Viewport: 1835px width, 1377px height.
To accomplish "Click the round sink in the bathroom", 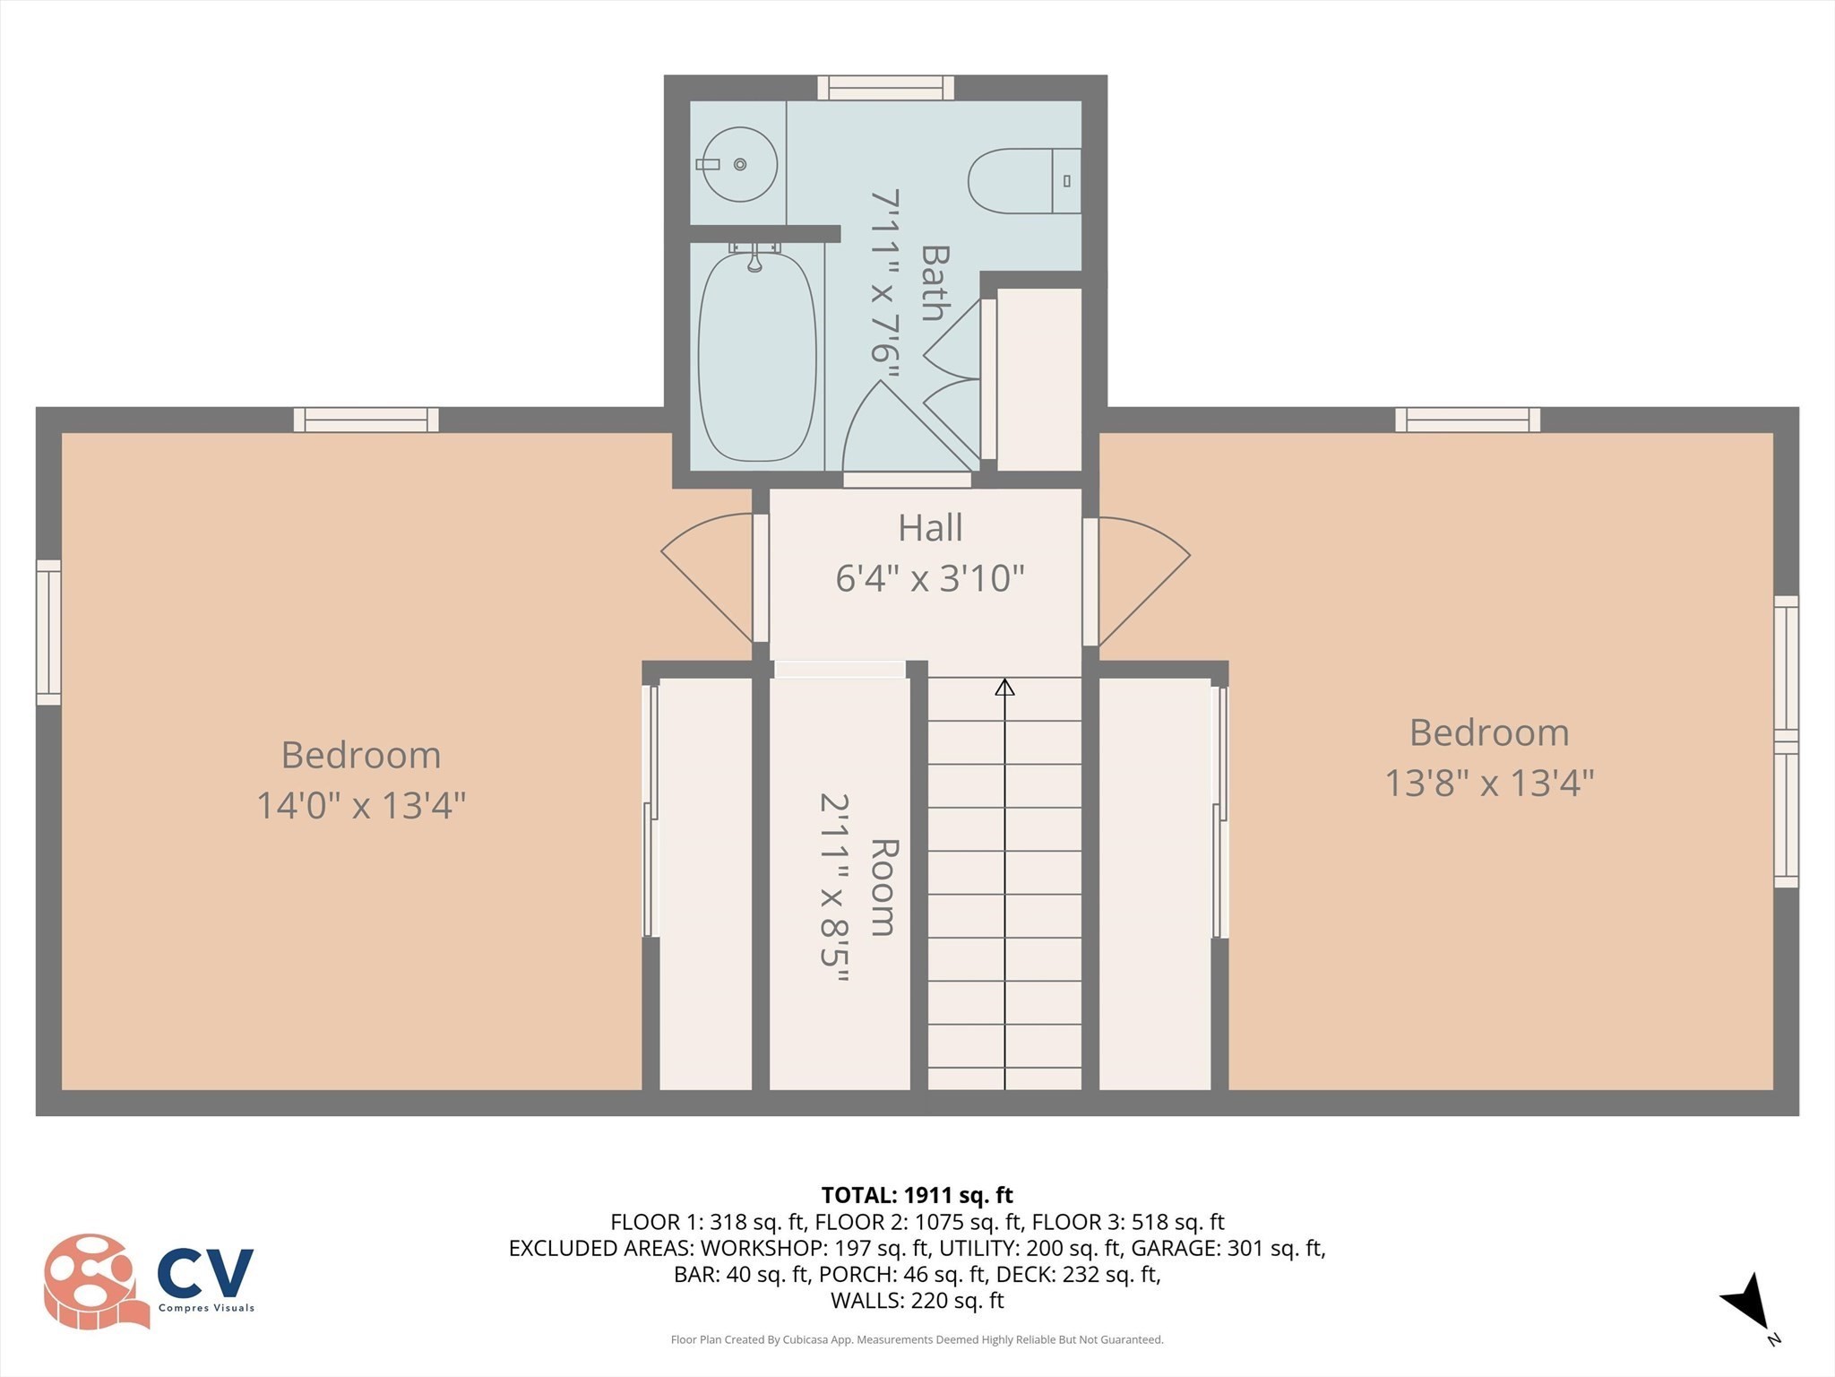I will [739, 164].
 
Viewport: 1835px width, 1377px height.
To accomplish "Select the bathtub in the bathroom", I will [757, 357].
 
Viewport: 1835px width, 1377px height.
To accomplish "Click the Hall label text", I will [930, 528].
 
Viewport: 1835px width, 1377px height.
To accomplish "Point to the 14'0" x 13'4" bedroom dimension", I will [361, 805].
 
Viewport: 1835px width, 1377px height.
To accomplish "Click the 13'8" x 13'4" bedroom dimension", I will [1489, 783].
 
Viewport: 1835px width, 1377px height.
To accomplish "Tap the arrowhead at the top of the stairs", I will [1004, 688].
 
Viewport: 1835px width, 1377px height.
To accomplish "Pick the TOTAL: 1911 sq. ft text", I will [917, 1195].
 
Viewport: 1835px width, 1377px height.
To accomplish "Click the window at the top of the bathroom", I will [885, 88].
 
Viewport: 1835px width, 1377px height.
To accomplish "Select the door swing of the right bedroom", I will [1142, 574].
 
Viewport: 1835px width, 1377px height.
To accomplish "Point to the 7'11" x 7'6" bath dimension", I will [884, 287].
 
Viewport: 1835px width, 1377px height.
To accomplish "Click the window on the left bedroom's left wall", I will [49, 632].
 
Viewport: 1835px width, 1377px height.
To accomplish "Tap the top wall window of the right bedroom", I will [1467, 420].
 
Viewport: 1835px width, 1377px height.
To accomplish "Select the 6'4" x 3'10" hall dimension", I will [930, 578].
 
